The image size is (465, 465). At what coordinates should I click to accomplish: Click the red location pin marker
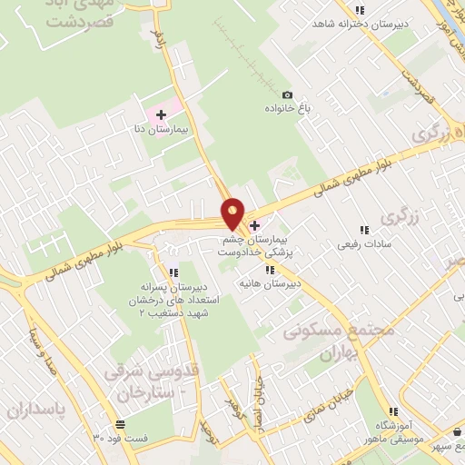click(x=232, y=213)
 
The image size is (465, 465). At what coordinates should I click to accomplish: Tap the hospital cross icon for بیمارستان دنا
click(x=161, y=114)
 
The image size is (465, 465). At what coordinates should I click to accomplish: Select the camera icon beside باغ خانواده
click(x=288, y=95)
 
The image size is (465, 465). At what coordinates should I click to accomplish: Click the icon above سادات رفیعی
click(x=364, y=231)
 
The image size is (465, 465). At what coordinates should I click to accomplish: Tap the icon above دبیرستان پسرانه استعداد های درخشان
click(x=173, y=272)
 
